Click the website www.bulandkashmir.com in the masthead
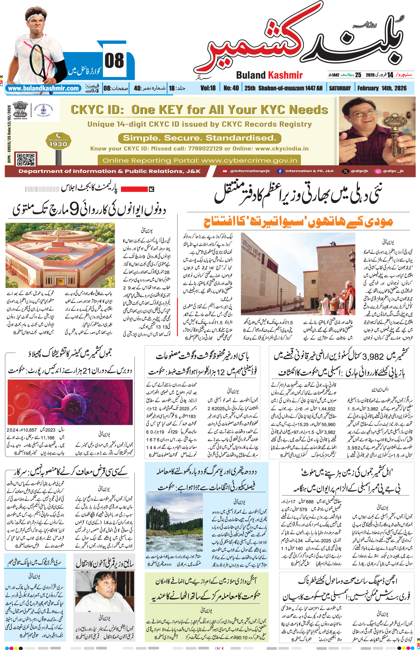[43, 88]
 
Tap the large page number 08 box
[114, 61]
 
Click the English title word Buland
[251, 75]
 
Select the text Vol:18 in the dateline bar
[208, 88]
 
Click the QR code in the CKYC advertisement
[25, 159]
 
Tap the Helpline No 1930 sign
[58, 141]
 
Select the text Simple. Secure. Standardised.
[199, 138]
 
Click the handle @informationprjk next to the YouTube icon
[250, 171]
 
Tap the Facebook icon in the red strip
[280, 171]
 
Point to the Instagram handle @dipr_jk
[393, 171]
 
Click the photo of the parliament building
[60, 255]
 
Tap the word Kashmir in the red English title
[285, 75]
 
